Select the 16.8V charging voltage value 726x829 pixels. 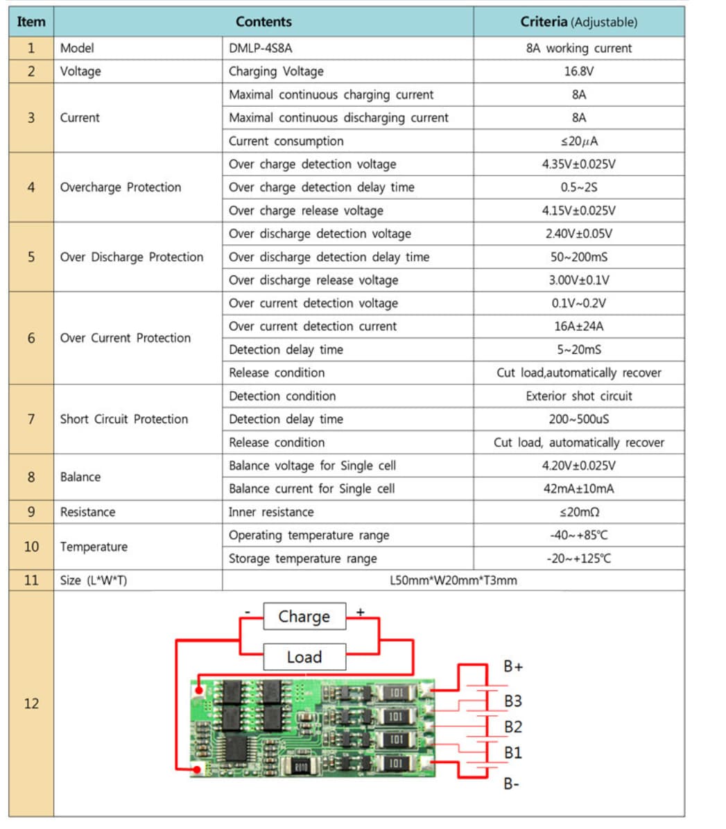point(578,71)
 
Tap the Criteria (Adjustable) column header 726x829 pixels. point(578,22)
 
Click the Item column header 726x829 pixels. point(31,22)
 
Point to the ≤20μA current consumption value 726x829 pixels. point(578,141)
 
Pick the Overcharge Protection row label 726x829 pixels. point(121,187)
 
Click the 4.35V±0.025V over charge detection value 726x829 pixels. point(578,164)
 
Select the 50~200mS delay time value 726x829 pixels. point(578,257)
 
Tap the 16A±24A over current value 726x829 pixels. point(578,326)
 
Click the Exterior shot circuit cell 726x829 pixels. point(578,396)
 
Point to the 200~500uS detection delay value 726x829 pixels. point(578,419)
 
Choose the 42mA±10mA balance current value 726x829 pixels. point(578,488)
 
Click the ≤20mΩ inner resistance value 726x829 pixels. point(578,512)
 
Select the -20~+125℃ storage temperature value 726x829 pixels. point(578,558)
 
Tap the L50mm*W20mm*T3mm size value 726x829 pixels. point(453,580)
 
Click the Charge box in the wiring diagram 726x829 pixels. point(304,616)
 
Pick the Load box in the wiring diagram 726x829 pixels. point(304,656)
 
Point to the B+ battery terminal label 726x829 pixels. point(513,667)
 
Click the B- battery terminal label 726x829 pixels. point(512,784)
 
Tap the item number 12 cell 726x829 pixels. point(31,703)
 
